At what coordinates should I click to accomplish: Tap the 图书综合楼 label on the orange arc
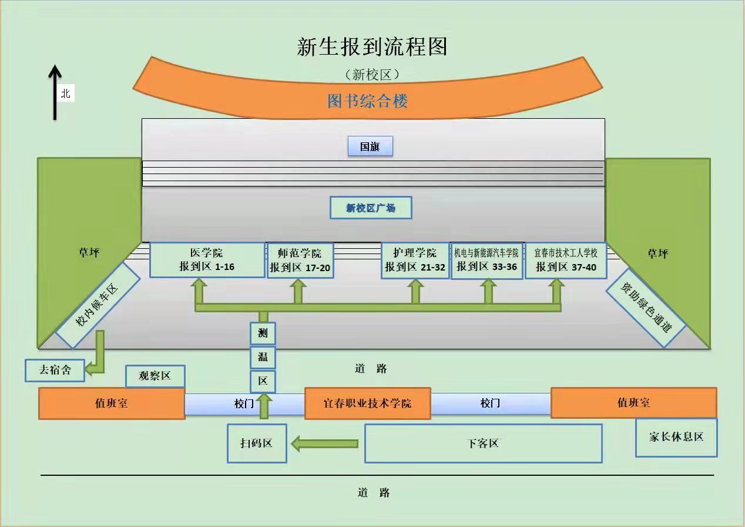tap(368, 101)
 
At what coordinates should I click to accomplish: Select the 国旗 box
tap(370, 146)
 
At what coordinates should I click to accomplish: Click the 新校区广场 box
tap(371, 208)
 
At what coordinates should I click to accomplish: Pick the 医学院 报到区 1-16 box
tap(207, 259)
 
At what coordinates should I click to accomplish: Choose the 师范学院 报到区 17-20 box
tap(300, 260)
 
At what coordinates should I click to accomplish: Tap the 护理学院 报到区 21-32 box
tap(415, 260)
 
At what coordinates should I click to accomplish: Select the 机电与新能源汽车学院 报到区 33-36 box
tap(486, 260)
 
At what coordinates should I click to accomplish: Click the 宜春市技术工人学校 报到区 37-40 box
tap(566, 259)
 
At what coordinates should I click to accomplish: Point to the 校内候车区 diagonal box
tap(98, 305)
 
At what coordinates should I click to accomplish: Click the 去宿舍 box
tap(55, 370)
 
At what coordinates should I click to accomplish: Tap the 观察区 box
tap(155, 376)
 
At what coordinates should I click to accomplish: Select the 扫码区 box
tap(257, 443)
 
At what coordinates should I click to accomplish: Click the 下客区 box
tap(483, 443)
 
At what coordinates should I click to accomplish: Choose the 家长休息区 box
tap(676, 437)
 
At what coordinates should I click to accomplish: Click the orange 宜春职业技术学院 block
tap(368, 403)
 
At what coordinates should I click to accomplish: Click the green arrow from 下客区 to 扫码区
tap(325, 443)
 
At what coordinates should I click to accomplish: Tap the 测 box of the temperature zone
tap(263, 333)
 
